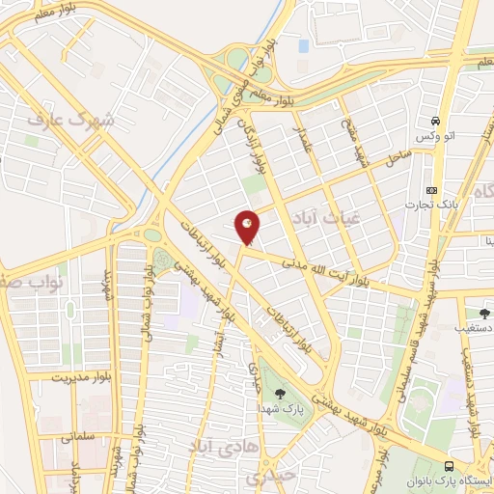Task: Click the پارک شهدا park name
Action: pos(281,409)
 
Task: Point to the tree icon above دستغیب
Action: pos(483,313)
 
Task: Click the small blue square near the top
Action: pos(304,45)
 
